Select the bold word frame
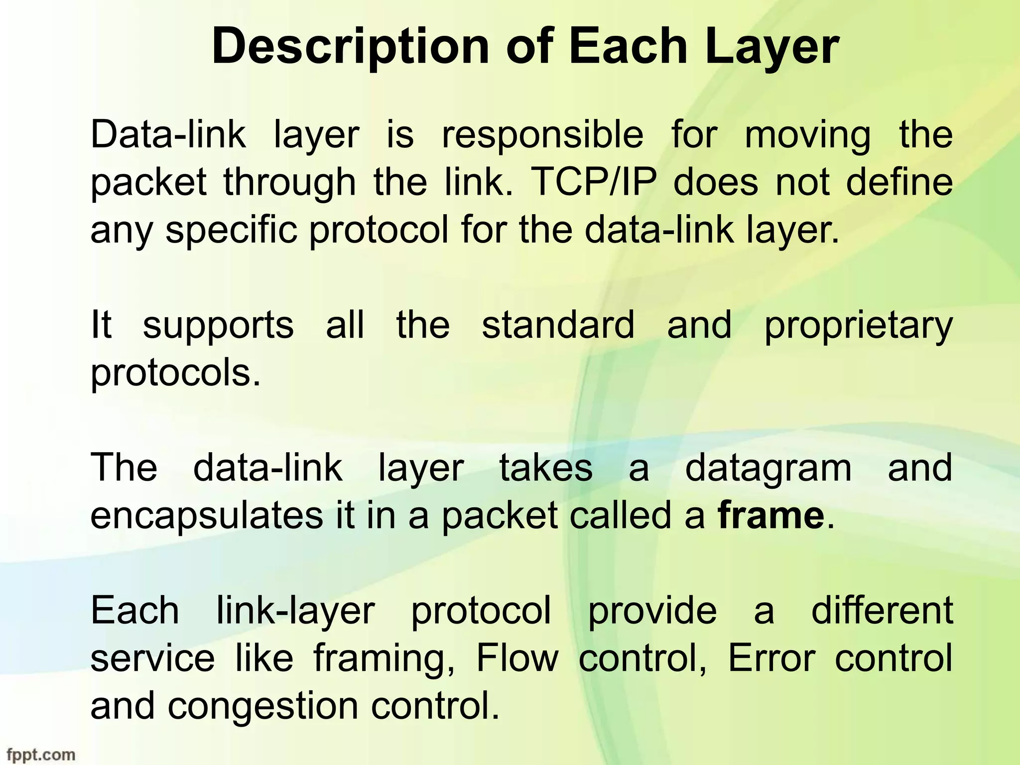[x=771, y=515]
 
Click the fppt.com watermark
[x=41, y=754]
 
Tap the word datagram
[x=768, y=468]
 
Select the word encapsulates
[x=207, y=516]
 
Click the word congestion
[x=263, y=706]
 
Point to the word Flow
[x=517, y=658]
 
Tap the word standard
[x=558, y=325]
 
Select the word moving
[x=808, y=135]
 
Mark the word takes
[x=546, y=468]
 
